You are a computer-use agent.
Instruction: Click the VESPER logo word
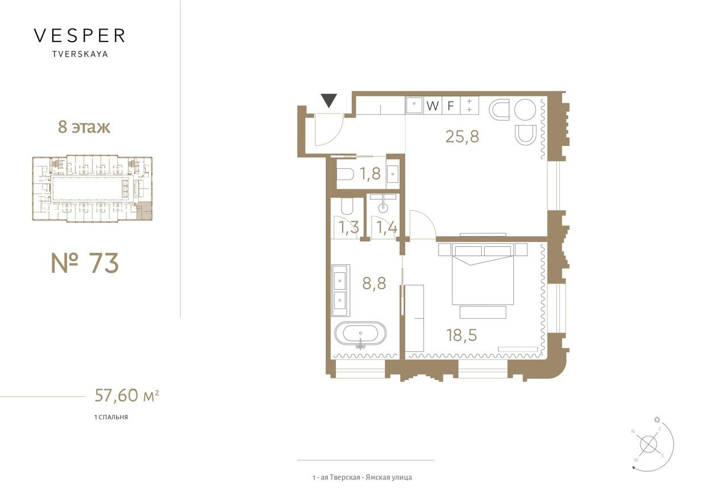tap(79, 36)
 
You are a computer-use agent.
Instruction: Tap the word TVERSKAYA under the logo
tap(79, 55)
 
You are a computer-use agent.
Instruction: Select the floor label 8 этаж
tap(84, 127)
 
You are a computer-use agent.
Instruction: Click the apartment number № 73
tap(85, 263)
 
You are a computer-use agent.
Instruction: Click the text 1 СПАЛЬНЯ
tap(111, 417)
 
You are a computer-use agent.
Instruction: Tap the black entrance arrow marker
tap(328, 101)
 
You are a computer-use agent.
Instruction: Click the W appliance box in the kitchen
tap(433, 106)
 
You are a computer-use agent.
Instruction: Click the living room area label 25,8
tap(462, 136)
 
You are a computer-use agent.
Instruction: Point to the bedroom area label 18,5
tap(461, 334)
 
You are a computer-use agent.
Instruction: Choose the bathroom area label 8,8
tap(374, 283)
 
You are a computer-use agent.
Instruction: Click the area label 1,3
tap(349, 228)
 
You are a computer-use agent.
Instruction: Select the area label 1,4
tap(386, 228)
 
